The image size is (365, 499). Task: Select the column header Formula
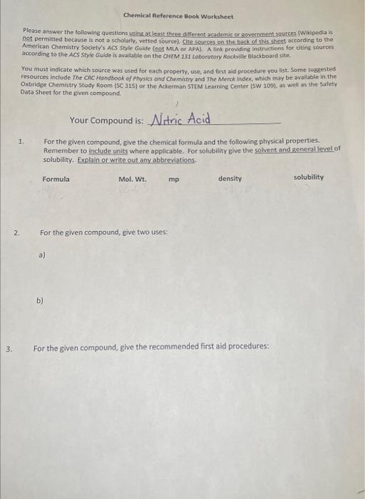[x=56, y=179]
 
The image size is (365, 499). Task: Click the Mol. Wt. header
[x=132, y=179]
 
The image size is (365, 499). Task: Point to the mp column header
[x=174, y=180]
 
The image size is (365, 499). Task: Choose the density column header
[x=230, y=178]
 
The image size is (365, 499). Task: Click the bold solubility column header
[x=308, y=177]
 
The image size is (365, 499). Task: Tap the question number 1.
[x=22, y=142]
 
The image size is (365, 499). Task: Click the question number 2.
[x=16, y=233]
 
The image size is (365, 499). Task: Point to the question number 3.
[x=9, y=349]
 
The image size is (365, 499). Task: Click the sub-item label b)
[x=40, y=301]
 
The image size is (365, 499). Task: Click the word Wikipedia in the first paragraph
[x=316, y=32]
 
